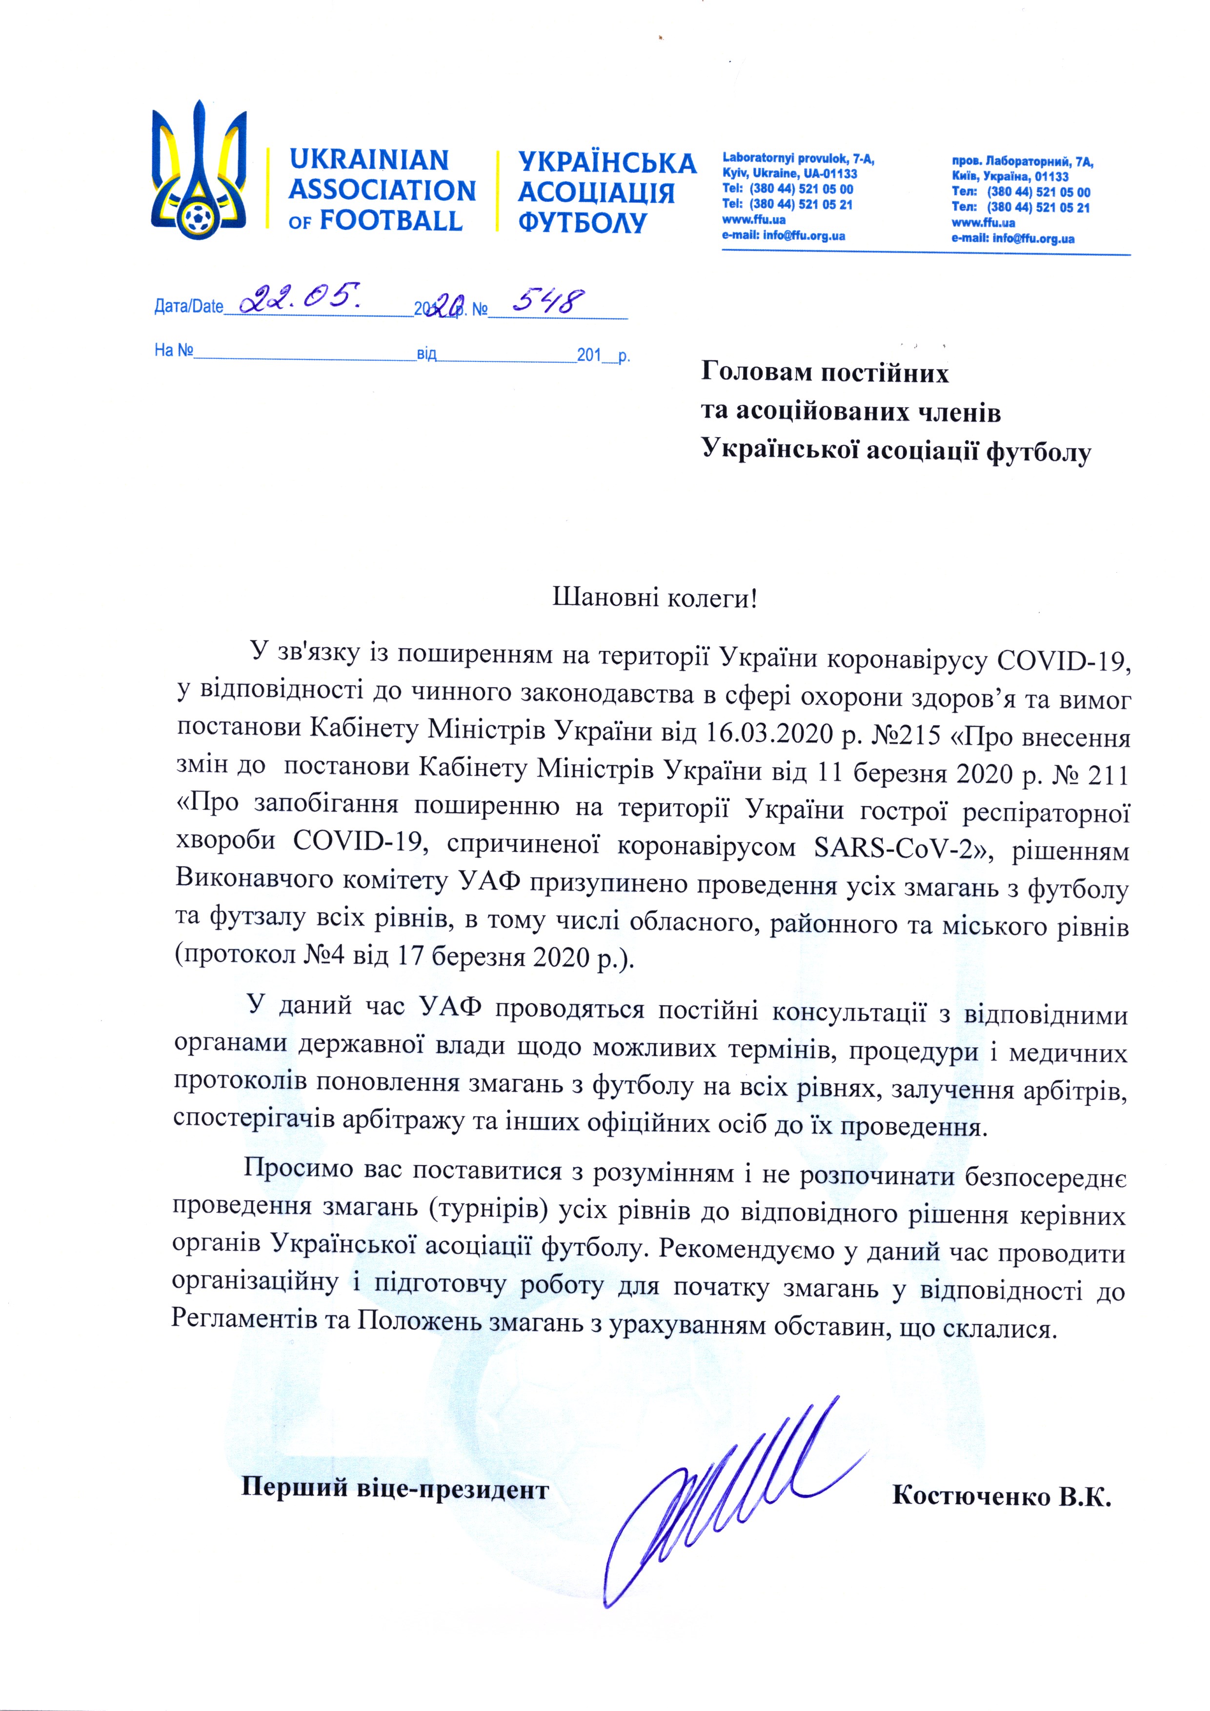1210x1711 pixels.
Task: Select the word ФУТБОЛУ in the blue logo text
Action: point(582,223)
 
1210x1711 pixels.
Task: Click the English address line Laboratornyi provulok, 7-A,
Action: point(799,159)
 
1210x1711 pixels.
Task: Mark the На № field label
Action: point(174,350)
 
